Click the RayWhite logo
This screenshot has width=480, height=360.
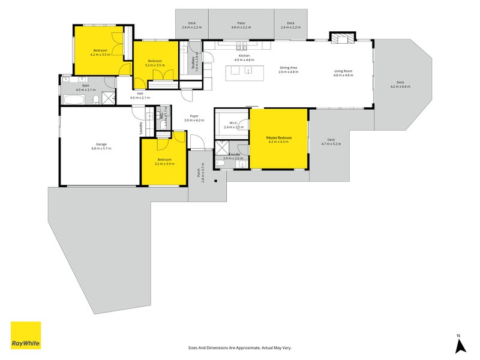point(26,336)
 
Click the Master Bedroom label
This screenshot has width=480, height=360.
point(279,137)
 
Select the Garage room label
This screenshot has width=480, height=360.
point(101,144)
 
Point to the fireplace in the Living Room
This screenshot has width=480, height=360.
point(344,39)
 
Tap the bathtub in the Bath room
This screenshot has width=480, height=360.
point(74,99)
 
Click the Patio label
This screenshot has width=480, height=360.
point(241,23)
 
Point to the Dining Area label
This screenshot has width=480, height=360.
point(288,68)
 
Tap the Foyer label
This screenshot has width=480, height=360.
point(194,116)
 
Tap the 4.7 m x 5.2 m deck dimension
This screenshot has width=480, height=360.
point(331,144)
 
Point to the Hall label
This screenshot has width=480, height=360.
point(140,94)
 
